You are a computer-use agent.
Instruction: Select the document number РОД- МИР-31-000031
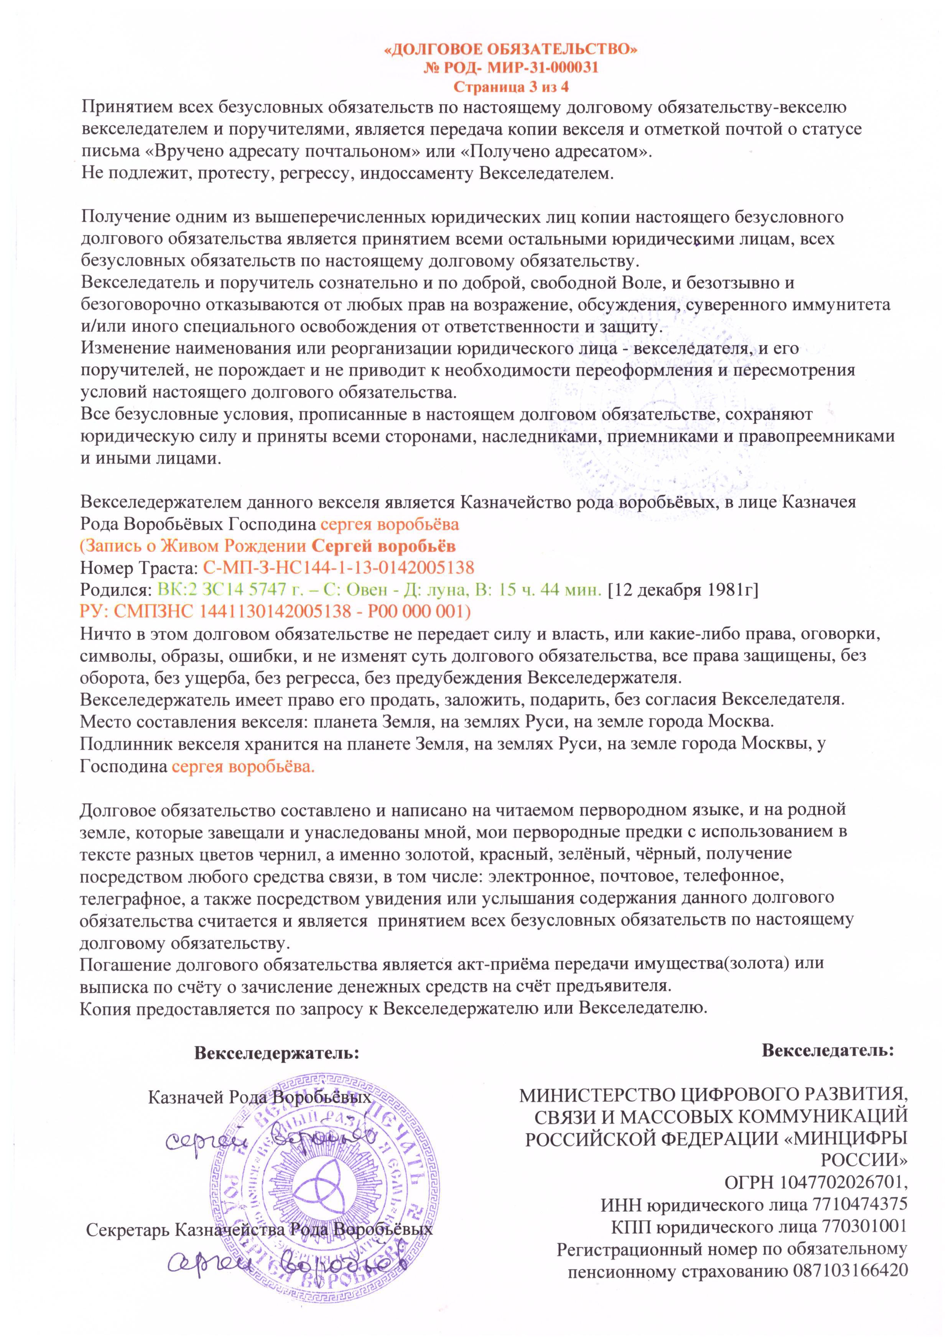click(520, 68)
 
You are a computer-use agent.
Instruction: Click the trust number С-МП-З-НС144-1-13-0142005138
click(339, 567)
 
